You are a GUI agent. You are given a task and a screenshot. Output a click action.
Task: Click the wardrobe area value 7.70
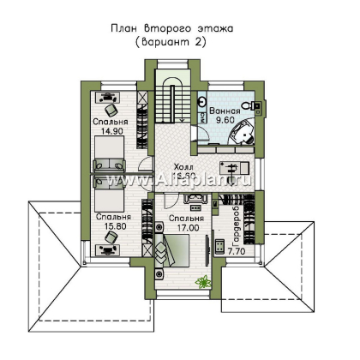pyautogui.click(x=237, y=254)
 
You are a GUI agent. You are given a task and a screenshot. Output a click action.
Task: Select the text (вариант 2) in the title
pyautogui.click(x=179, y=41)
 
